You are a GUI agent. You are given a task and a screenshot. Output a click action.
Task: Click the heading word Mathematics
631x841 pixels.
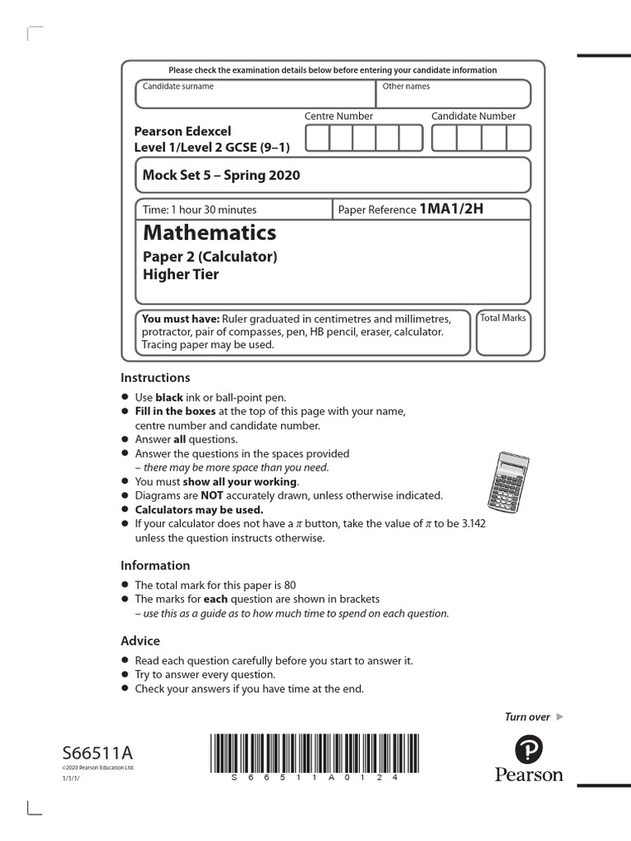210,232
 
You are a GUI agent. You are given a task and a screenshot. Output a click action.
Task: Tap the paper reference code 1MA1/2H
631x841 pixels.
451,209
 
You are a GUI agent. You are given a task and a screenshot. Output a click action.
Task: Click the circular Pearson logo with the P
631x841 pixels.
529,748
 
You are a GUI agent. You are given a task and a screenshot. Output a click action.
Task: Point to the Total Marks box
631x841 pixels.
503,333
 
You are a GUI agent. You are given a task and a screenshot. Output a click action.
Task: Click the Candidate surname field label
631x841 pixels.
178,86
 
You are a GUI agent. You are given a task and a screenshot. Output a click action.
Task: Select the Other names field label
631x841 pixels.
406,86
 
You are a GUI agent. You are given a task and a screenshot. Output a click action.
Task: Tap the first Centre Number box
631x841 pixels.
316,138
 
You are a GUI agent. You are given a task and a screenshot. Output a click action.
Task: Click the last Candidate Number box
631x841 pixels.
518,138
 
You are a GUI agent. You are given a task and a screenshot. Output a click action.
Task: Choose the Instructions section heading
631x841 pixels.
155,378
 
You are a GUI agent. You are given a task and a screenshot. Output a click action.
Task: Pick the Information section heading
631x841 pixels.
155,565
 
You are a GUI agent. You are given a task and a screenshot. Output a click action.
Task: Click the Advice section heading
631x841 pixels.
140,641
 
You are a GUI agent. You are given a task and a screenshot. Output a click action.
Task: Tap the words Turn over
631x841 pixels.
527,717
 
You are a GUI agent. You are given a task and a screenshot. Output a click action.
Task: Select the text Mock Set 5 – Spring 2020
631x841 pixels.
221,175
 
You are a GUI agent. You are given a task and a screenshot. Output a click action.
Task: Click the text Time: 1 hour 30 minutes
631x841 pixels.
200,209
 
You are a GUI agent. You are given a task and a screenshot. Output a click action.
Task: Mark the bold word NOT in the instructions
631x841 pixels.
213,495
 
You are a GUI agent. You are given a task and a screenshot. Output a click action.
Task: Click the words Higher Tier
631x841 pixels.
181,274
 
